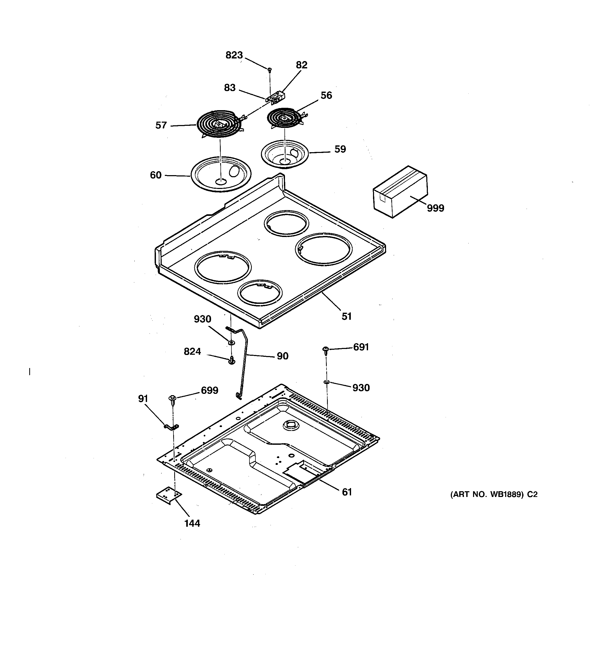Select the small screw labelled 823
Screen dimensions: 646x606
coord(270,69)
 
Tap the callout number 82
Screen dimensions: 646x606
coord(301,65)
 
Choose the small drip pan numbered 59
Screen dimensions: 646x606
coord(285,154)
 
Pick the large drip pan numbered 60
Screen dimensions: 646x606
coord(221,174)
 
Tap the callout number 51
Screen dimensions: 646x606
coord(346,316)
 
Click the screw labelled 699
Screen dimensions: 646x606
coord(172,399)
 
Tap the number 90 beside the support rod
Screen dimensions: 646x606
coord(282,356)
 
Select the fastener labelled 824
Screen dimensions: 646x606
coord(232,360)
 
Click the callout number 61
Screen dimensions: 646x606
coord(347,492)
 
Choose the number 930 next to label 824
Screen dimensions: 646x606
coord(202,319)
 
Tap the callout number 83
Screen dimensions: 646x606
coord(230,88)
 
